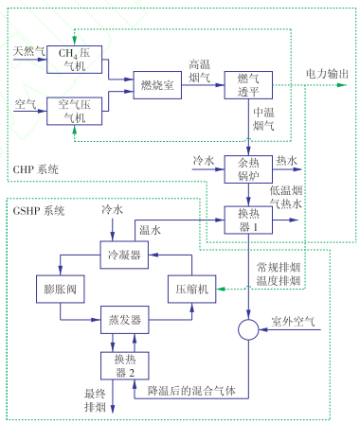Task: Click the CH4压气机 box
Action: [74, 60]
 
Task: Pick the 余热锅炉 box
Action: [247, 169]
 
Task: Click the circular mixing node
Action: [248, 331]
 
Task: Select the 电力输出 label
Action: [327, 73]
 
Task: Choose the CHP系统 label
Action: [35, 169]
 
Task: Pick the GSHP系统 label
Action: [40, 208]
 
